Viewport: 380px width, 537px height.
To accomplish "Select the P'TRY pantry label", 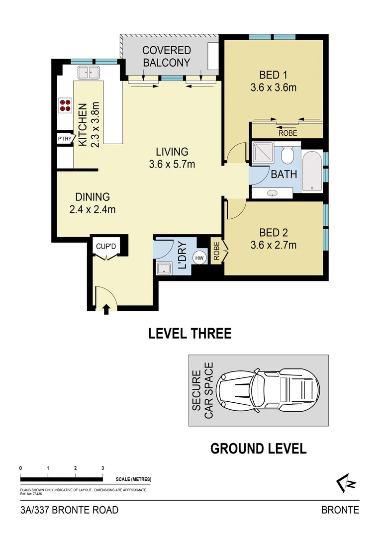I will point(65,139).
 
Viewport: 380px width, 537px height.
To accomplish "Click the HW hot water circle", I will point(199,258).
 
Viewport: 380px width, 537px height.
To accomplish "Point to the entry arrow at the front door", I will point(105,309).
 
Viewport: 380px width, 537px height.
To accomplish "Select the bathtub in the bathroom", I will point(311,172).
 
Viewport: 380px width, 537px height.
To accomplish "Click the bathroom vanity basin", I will point(273,193).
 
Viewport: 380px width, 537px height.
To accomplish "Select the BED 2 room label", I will point(274,232).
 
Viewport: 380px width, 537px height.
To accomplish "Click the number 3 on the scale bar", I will point(102,468).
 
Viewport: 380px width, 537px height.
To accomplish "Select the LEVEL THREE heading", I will point(190,333).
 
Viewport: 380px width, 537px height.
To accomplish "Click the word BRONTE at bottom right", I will point(340,510).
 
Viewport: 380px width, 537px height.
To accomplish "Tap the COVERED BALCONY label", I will point(166,56).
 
